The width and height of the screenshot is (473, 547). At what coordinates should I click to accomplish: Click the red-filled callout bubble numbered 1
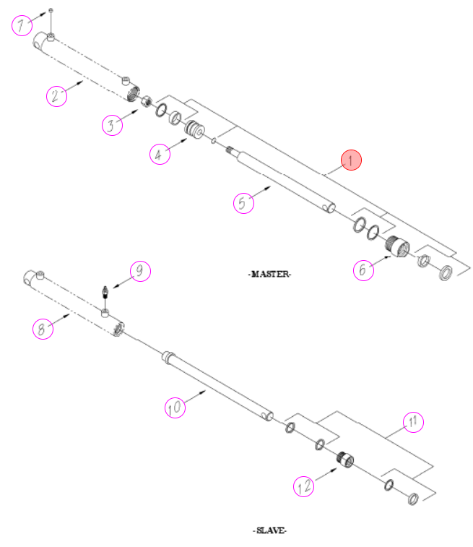tap(351, 160)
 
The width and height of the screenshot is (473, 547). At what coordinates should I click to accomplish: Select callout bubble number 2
tap(56, 96)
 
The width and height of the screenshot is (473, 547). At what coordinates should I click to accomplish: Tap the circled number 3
tap(112, 125)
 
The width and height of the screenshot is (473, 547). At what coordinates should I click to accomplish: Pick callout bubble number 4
tap(160, 154)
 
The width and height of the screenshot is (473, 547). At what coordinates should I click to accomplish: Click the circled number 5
tap(243, 202)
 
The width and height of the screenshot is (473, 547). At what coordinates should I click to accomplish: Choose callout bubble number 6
tap(363, 270)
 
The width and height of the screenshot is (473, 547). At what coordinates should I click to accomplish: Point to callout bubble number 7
tap(22, 25)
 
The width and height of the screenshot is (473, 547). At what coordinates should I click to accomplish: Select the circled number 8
tap(43, 329)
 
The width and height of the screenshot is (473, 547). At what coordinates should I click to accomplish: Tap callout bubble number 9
tap(141, 271)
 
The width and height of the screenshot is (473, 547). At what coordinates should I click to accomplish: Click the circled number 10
tap(175, 407)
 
